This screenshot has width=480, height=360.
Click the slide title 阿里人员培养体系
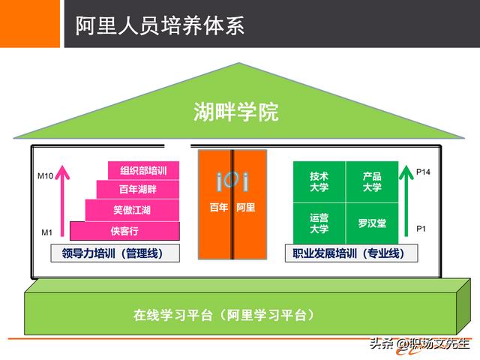(160, 25)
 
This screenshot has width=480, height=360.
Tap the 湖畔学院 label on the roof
(236, 113)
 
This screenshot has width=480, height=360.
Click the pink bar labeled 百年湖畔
(138, 190)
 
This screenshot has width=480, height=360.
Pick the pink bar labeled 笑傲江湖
(132, 210)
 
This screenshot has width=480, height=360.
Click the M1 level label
(46, 232)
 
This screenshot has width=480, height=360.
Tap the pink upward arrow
(64, 199)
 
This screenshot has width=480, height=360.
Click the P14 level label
(424, 172)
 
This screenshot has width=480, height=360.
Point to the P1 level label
(421, 228)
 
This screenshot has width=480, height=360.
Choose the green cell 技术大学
(319, 181)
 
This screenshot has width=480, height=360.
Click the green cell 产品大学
(372, 181)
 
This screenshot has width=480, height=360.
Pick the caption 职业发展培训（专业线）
(349, 253)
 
